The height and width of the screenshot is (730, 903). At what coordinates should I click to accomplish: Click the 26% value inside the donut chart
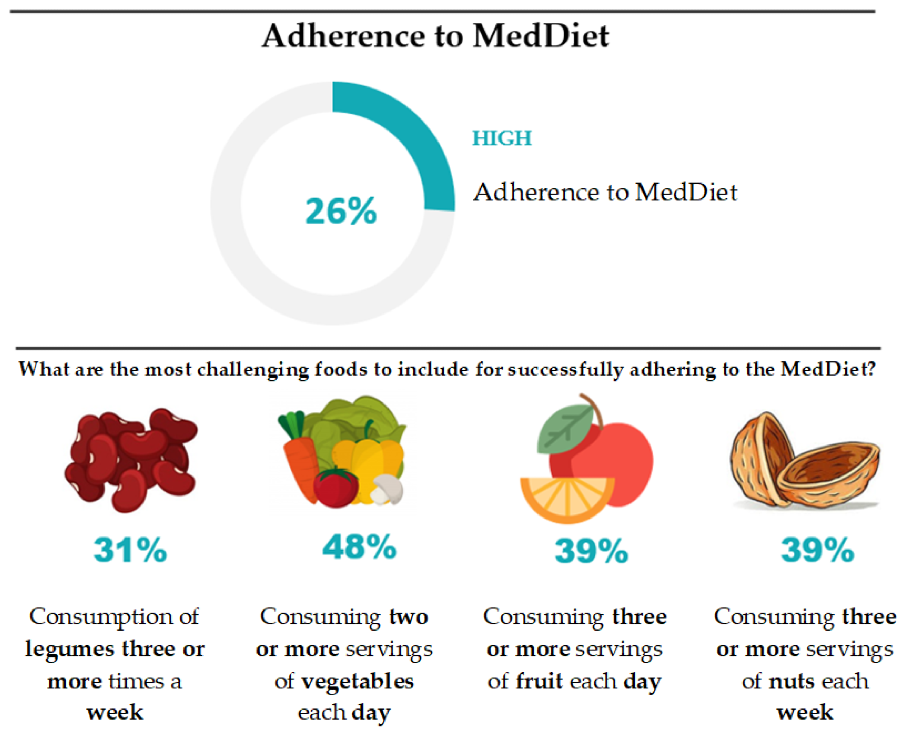pos(341,211)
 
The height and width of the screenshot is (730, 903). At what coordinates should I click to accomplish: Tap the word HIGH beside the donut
pos(502,138)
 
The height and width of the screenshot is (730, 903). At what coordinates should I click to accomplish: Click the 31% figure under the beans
pos(130,550)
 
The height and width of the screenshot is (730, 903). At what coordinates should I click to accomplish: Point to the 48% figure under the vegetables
pos(359,547)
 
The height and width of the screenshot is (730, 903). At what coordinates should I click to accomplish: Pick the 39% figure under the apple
pos(591,551)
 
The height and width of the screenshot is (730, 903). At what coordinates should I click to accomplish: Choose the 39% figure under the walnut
pos(818,550)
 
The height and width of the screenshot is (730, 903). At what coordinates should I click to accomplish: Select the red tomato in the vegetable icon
pos(335,488)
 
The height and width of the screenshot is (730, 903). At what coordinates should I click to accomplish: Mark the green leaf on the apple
pos(564,429)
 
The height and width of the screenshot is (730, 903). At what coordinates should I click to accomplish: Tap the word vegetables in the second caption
pos(358,681)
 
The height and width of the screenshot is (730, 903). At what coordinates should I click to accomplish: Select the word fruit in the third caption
pos(540,681)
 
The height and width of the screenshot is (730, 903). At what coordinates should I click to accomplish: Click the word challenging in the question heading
pos(253,369)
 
